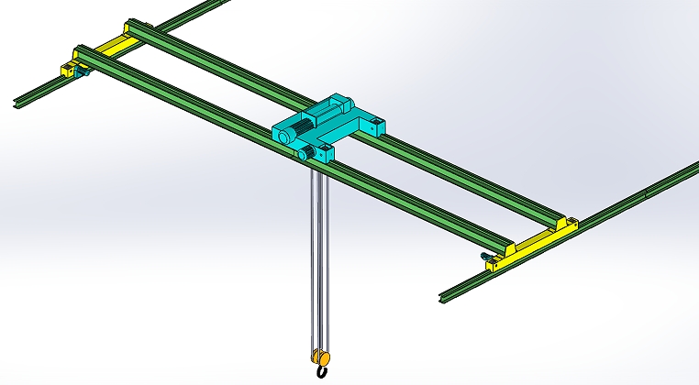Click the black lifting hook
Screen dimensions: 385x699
[322, 372]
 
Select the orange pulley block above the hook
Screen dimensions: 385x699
[320, 357]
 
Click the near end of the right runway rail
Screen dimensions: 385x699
[445, 297]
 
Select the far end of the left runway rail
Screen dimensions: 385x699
[225, 4]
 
